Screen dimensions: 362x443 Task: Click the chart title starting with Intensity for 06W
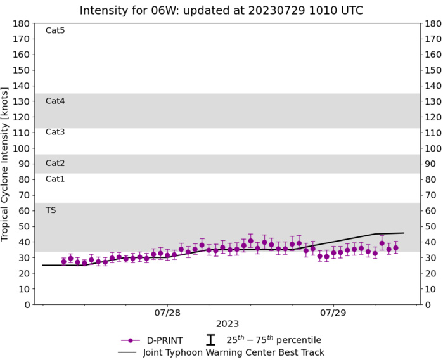pos(221,10)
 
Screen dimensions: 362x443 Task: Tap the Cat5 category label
pos(55,30)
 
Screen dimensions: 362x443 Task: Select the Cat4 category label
pos(55,101)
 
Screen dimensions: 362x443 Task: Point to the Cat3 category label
pos(55,132)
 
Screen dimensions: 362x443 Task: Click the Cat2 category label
pos(55,164)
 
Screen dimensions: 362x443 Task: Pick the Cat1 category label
pos(55,179)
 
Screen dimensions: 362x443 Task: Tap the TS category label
pos(51,210)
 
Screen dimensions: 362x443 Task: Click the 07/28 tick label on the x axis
pos(167,313)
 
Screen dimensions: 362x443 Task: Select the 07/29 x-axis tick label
pos(333,313)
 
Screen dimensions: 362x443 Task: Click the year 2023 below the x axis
pos(226,325)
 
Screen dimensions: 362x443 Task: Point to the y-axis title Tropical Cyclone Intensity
pos(7,164)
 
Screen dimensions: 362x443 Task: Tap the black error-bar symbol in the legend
pos(211,340)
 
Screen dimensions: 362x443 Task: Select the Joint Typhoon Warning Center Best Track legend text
pos(233,352)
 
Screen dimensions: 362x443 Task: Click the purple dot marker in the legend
pos(131,340)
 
